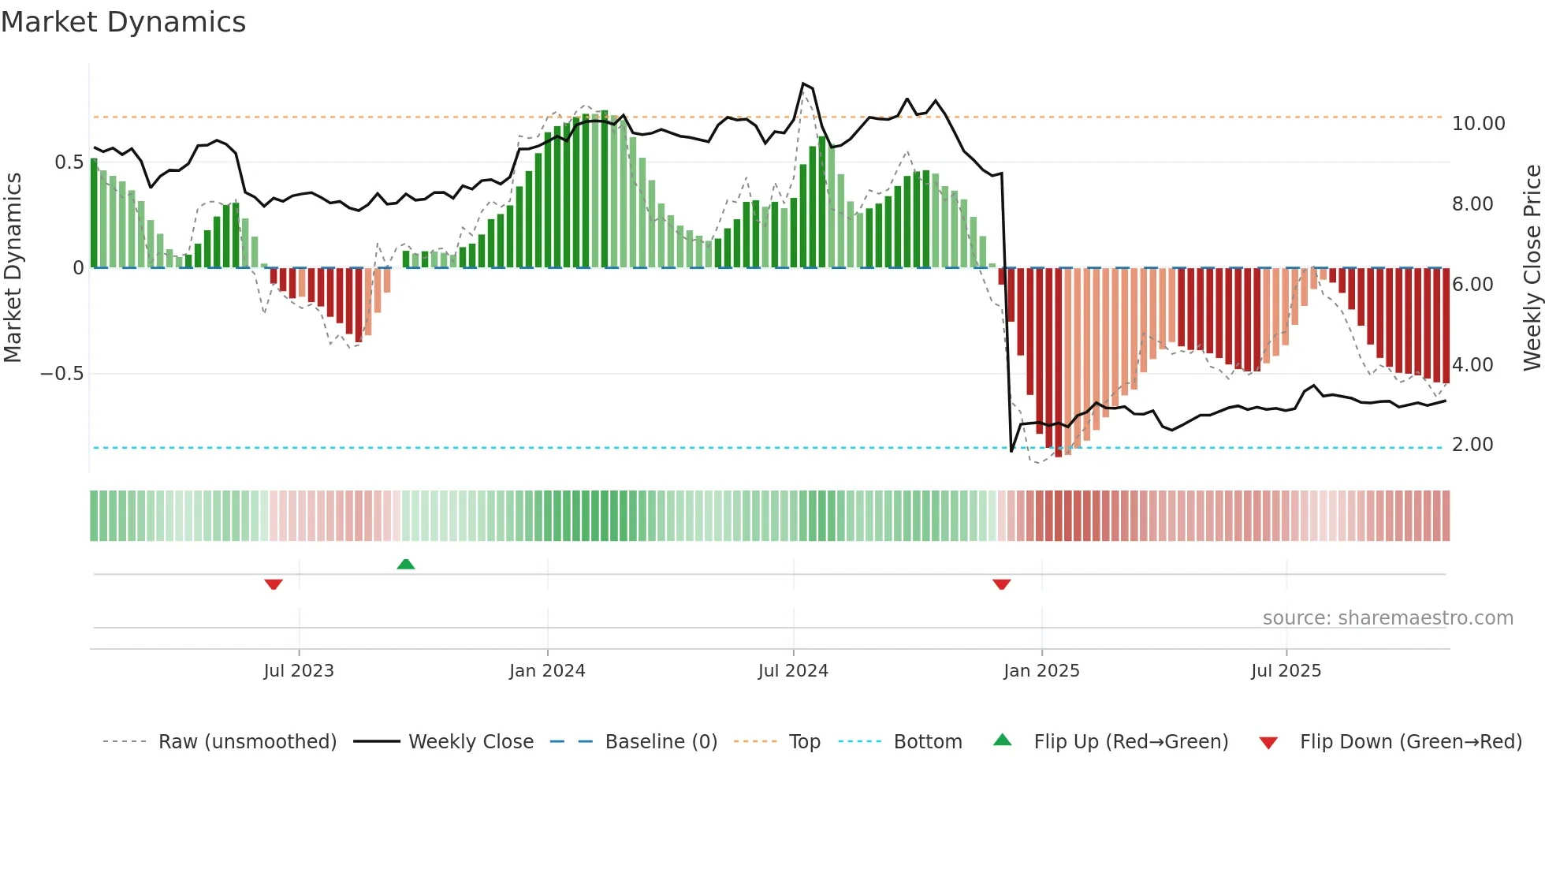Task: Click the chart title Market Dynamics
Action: (123, 22)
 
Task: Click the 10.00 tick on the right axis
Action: (1478, 124)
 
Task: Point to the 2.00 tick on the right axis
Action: (1472, 445)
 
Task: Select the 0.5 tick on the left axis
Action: (69, 162)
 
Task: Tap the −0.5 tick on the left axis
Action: (62, 374)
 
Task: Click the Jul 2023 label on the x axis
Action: (299, 671)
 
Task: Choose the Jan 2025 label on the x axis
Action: (1041, 671)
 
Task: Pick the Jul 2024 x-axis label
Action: (793, 671)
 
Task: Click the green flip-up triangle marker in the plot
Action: (406, 564)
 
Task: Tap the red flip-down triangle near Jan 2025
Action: (1002, 584)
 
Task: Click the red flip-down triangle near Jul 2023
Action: (274, 584)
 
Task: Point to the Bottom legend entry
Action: (927, 742)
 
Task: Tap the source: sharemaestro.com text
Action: (1387, 618)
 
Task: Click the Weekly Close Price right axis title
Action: (1532, 268)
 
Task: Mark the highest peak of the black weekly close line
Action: (803, 84)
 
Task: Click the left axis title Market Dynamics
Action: (13, 268)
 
